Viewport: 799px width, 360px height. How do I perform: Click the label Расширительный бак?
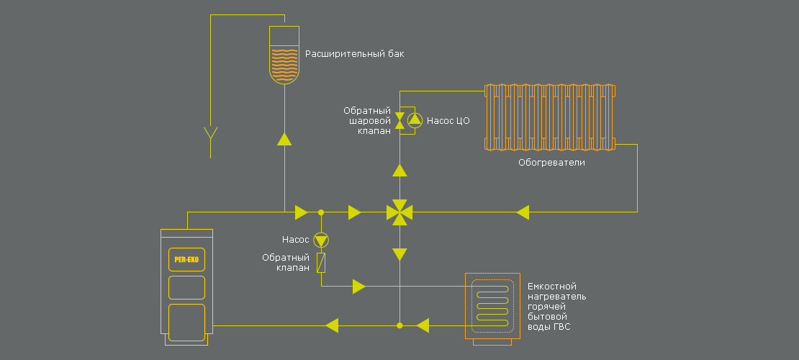tap(355, 53)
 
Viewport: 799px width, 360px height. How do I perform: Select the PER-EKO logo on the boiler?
tap(186, 259)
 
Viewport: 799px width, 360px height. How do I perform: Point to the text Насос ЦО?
tap(448, 121)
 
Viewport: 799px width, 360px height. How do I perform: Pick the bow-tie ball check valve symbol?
tap(400, 120)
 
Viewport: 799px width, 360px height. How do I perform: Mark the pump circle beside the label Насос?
tap(321, 240)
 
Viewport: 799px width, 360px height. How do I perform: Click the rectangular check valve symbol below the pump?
tap(321, 263)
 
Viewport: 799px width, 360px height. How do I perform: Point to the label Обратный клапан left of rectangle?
tap(286, 263)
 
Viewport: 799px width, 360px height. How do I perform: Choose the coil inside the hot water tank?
tap(492, 306)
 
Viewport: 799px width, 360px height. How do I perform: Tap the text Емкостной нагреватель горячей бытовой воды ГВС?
tap(557, 307)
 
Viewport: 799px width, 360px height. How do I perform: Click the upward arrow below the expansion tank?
tap(284, 139)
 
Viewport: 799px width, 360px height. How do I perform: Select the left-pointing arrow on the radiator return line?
tap(523, 212)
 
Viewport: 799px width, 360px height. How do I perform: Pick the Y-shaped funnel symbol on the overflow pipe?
tap(210, 133)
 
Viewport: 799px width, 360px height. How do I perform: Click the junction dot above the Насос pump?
tap(321, 212)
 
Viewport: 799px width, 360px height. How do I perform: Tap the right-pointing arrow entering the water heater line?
tap(359, 286)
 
